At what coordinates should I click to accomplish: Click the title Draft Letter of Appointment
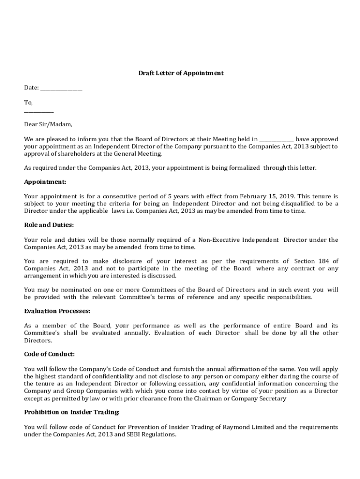tap(180, 73)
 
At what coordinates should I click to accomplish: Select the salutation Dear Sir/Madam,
tap(48, 124)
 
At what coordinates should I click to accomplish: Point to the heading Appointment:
tap(45, 182)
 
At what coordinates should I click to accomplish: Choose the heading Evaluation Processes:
tap(57, 311)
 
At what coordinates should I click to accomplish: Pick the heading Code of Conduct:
tap(49, 354)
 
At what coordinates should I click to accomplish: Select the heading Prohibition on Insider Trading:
tap(72, 412)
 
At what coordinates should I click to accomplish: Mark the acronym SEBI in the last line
tap(133, 435)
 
